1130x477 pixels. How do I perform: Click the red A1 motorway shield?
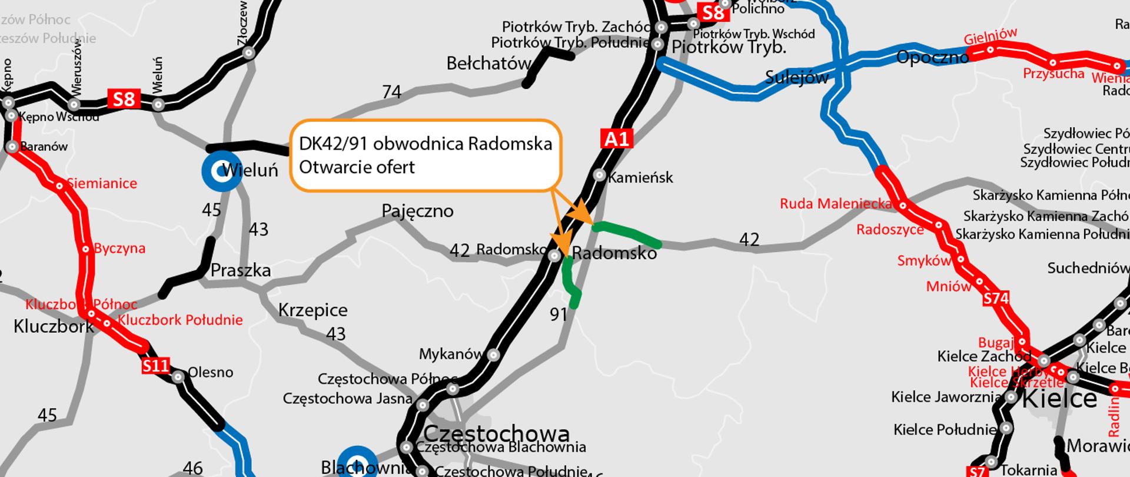pyautogui.click(x=616, y=139)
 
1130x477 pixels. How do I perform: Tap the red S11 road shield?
pyautogui.click(x=156, y=366)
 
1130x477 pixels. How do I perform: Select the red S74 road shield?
pyautogui.click(x=996, y=299)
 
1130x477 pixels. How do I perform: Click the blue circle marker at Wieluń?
pyautogui.click(x=221, y=171)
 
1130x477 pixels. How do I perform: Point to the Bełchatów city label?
pyautogui.click(x=488, y=64)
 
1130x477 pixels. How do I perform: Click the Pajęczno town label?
pyautogui.click(x=417, y=211)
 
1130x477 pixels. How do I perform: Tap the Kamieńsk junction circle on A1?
pyautogui.click(x=599, y=175)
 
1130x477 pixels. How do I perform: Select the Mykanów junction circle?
pyautogui.click(x=494, y=355)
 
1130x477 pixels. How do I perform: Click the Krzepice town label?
pyautogui.click(x=313, y=310)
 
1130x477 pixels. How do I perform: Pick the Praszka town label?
pyautogui.click(x=241, y=270)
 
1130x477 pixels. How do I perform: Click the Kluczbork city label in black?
pyautogui.click(x=54, y=326)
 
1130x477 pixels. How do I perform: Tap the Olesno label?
pyautogui.click(x=211, y=372)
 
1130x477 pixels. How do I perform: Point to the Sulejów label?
pyautogui.click(x=797, y=77)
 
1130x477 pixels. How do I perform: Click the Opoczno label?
pyautogui.click(x=932, y=57)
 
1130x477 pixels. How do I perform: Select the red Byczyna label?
pyautogui.click(x=119, y=248)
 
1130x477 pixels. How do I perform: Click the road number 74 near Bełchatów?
pyautogui.click(x=392, y=92)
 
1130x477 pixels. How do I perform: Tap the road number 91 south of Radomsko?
pyautogui.click(x=559, y=314)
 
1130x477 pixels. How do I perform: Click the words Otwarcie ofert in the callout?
pyautogui.click(x=357, y=167)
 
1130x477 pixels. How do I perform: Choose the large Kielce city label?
pyautogui.click(x=1059, y=399)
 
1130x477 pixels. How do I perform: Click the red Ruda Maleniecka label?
pyautogui.click(x=836, y=204)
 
